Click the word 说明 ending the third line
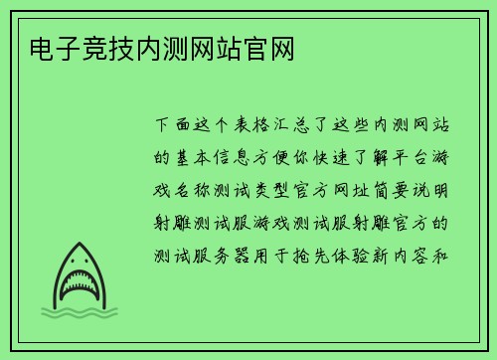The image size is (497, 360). pos(448,190)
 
